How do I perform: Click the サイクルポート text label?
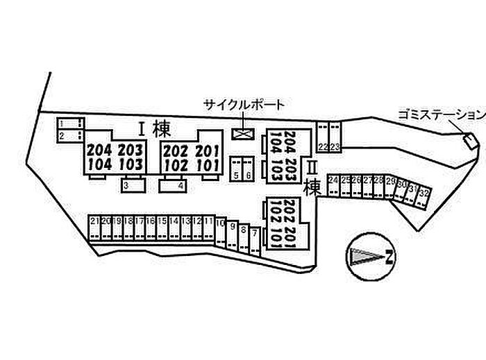click(244, 105)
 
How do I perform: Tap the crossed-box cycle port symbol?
click(244, 134)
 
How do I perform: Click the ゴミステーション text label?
click(442, 114)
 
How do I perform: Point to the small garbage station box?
click(470, 142)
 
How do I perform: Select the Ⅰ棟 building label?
click(154, 128)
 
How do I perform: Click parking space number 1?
click(62, 123)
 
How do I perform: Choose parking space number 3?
click(127, 186)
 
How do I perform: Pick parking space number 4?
click(180, 186)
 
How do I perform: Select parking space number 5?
click(237, 175)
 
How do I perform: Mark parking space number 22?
click(323, 146)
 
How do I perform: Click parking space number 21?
click(94, 221)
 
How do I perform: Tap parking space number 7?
click(255, 234)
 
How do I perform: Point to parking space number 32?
click(424, 191)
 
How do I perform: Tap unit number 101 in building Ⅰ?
click(207, 165)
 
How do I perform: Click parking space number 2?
click(62, 137)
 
